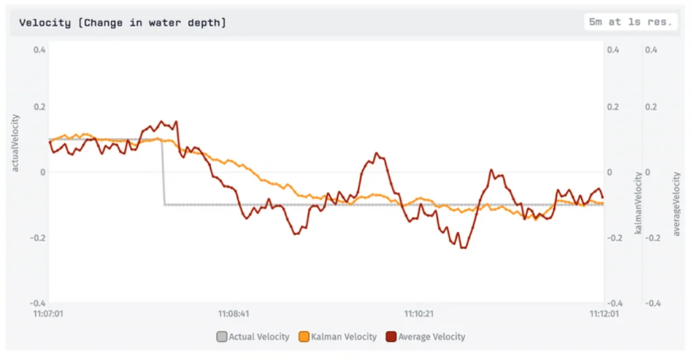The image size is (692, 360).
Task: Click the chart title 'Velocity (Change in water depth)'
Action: [x=122, y=23]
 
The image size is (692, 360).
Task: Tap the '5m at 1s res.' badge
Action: [x=631, y=22]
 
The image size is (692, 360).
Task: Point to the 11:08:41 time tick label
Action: [x=234, y=313]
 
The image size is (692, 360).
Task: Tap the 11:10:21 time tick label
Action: [x=419, y=313]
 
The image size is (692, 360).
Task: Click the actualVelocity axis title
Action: [x=16, y=143]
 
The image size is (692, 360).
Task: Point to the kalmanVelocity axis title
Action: [x=637, y=203]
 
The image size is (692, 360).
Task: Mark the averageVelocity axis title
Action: [x=676, y=203]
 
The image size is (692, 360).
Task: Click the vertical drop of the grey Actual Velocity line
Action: [x=163, y=172]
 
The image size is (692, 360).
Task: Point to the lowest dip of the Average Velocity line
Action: [x=464, y=248]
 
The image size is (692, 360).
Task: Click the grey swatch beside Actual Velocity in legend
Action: [x=222, y=336]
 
